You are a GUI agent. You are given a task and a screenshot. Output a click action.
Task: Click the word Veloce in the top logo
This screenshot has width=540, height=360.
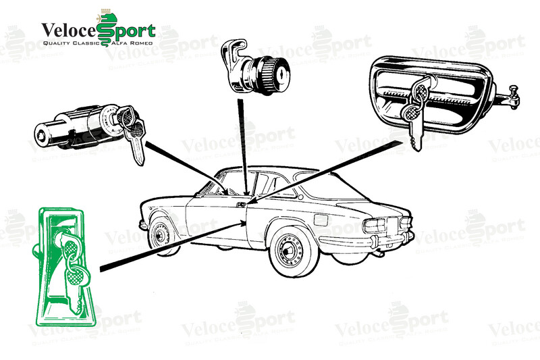tap(69, 30)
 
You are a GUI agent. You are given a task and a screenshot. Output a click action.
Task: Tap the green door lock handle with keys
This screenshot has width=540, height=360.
tap(64, 266)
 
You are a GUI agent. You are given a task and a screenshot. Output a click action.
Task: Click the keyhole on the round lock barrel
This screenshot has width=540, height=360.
tap(282, 72)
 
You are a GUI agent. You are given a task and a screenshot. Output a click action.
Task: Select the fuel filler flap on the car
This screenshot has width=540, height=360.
tap(321, 220)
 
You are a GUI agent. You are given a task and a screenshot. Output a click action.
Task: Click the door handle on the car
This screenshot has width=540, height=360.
tap(241, 205)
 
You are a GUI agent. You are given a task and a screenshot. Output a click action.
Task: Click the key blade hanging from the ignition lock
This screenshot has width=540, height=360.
tap(137, 149)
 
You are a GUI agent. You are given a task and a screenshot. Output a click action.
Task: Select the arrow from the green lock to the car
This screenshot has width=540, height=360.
tap(173, 246)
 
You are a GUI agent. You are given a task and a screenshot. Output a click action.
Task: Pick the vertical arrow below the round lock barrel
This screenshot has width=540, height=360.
tap(243, 147)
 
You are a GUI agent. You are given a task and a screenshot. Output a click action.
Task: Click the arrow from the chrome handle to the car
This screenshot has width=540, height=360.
tap(325, 173)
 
